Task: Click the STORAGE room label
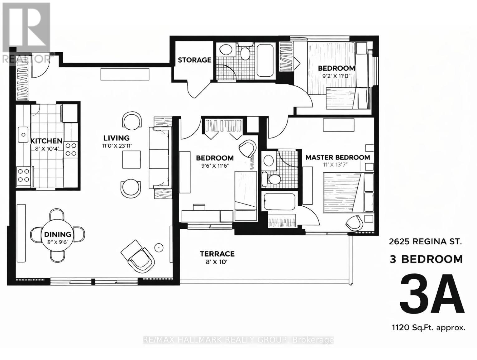click(x=194, y=60)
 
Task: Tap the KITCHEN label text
click(x=46, y=141)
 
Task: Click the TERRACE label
click(x=217, y=254)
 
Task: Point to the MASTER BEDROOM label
click(x=337, y=157)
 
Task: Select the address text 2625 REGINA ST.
click(x=425, y=241)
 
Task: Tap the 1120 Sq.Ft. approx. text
click(x=428, y=328)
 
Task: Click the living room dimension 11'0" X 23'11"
click(x=117, y=146)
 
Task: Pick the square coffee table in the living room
click(x=131, y=159)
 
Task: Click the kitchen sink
click(x=23, y=135)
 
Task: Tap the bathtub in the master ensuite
click(x=279, y=202)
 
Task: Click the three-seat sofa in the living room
click(x=159, y=158)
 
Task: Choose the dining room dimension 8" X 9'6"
click(x=58, y=242)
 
